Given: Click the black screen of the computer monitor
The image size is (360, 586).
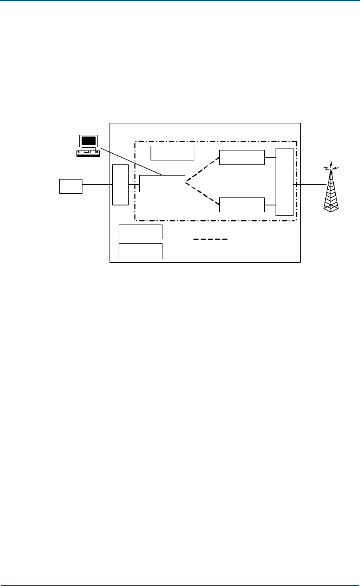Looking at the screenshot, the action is [x=88, y=141].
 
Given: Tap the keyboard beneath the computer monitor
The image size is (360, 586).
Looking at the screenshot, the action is [x=88, y=153].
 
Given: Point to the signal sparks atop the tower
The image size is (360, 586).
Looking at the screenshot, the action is [x=331, y=166].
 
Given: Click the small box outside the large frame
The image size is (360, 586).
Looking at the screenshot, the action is [x=71, y=186].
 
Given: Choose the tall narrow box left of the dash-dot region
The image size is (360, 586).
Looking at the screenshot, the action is [x=121, y=184].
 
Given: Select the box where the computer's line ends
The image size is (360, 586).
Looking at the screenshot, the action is [x=162, y=184].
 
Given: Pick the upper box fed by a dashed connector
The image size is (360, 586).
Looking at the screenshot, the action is [x=242, y=157].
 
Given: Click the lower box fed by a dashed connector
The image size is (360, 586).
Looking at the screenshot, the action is [x=242, y=205].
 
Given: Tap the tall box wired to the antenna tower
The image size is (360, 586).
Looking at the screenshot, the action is [x=285, y=182].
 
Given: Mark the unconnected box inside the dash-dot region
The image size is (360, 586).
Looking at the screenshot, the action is [x=172, y=153].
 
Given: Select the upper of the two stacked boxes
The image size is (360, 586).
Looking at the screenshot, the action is [x=141, y=231].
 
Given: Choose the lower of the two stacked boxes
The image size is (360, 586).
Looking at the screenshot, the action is [x=141, y=251].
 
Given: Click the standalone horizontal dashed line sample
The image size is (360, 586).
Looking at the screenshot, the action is [x=211, y=240].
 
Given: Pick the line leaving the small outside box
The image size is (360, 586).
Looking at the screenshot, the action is [x=97, y=185].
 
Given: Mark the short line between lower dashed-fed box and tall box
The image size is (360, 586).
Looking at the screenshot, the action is [x=270, y=205].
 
